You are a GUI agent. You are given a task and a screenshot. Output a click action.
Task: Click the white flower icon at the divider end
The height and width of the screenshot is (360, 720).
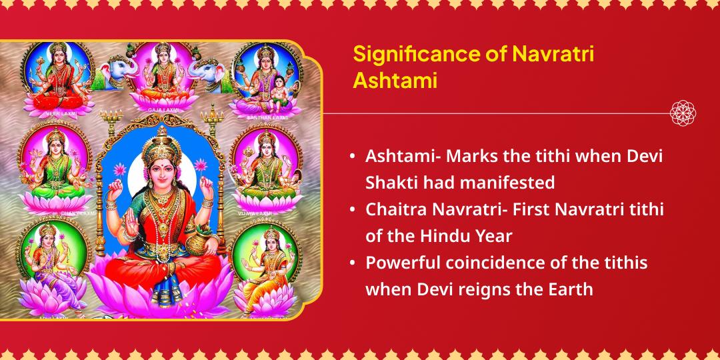coord(683,113)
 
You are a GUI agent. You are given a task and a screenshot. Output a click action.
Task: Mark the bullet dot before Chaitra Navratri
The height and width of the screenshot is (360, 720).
coord(352,209)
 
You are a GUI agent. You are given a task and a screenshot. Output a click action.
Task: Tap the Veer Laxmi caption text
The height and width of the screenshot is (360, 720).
coord(55,115)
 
